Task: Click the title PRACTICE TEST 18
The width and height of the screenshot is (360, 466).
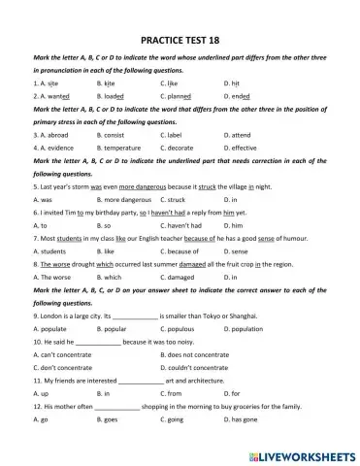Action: pyautogui.click(x=180, y=42)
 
